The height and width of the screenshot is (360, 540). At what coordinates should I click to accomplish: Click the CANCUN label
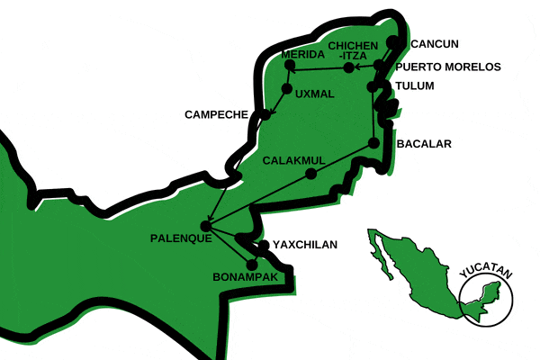coord(435,43)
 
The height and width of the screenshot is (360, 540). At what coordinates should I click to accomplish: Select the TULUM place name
coord(414,86)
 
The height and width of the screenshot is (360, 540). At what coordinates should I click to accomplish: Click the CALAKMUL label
coord(293,160)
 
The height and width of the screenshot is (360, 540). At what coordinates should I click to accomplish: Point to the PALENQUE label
coord(181,238)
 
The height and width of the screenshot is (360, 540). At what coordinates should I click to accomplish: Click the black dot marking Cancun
coord(392,42)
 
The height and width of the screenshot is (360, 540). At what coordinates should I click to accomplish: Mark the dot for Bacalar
coord(373,144)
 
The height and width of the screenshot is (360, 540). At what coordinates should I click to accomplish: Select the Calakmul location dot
coord(310,175)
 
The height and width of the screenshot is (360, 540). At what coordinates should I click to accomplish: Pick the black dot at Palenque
coord(206,227)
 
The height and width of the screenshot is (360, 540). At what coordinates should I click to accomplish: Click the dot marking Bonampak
coord(251,264)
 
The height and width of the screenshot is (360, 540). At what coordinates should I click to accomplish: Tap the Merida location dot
coord(290,64)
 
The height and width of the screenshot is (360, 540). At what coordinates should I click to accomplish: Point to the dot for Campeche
coord(265,114)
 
